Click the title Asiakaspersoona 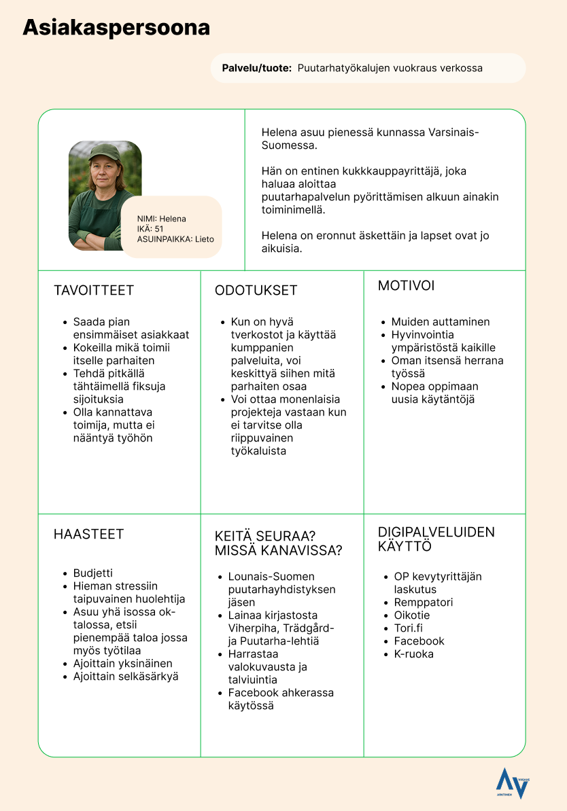click(116, 28)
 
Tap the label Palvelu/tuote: click(257, 69)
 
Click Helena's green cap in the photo click(105, 151)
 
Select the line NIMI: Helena click(161, 219)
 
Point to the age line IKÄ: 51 click(150, 229)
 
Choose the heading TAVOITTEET click(94, 291)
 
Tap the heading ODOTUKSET click(256, 291)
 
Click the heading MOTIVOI click(407, 286)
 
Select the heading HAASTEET click(88, 535)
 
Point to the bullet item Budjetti click(93, 573)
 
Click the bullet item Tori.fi click(408, 628)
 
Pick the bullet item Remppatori click(423, 602)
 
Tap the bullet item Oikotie click(412, 615)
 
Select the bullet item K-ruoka click(413, 654)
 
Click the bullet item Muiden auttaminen click(440, 322)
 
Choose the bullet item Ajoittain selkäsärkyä click(126, 677)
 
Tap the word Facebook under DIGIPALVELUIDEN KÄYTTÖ click(419, 641)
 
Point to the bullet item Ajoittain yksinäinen click(122, 664)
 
